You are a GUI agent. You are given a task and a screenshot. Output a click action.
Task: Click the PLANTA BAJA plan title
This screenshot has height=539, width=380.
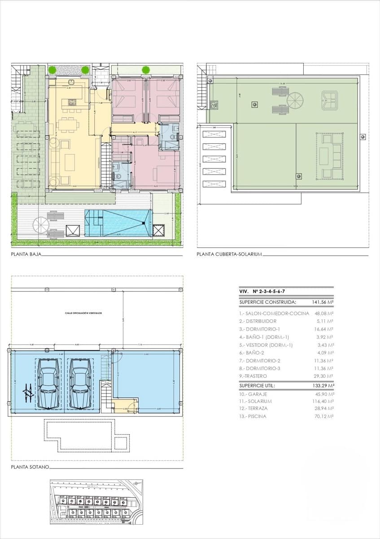26,254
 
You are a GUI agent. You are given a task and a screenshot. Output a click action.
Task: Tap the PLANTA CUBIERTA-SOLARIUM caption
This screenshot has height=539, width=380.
229,254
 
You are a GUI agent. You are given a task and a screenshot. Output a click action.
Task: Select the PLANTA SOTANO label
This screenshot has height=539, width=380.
30,467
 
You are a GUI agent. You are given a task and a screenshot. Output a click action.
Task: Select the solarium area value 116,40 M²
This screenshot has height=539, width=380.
323,401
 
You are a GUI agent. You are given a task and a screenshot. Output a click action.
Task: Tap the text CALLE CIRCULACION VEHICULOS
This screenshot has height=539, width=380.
83,313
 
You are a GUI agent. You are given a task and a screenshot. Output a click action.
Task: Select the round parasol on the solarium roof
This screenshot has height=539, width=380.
296,100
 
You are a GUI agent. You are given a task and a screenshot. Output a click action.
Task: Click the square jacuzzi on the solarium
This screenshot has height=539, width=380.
330,101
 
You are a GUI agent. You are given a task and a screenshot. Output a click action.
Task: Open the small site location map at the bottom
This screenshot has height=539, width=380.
96,502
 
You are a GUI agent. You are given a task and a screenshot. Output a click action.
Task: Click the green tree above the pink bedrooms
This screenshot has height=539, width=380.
146,70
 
